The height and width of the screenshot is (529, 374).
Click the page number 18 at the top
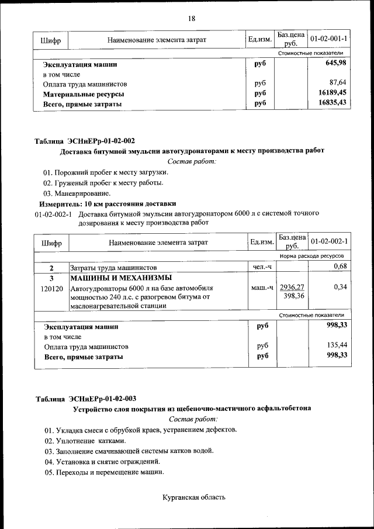(x=191, y=19)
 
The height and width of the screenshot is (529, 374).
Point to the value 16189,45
(x=332, y=92)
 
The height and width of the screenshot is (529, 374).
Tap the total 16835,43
(x=332, y=103)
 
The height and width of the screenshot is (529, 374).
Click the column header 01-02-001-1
(x=328, y=39)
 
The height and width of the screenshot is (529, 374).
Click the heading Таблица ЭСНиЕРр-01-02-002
(x=85, y=140)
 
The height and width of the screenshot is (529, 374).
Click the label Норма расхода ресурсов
(x=311, y=256)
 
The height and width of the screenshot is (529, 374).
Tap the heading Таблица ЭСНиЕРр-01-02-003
(x=85, y=399)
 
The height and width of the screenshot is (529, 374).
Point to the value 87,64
(x=338, y=82)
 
